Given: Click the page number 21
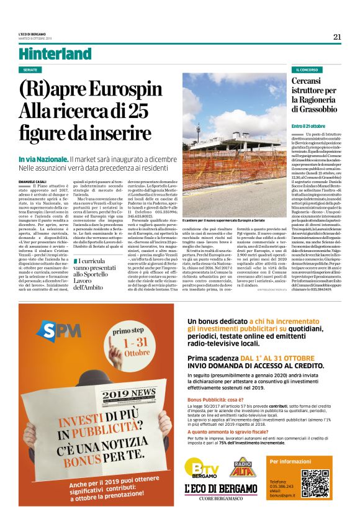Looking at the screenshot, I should pos(337,37).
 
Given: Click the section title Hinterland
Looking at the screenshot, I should pos(51,54).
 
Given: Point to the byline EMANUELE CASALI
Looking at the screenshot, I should pos(32,181).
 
